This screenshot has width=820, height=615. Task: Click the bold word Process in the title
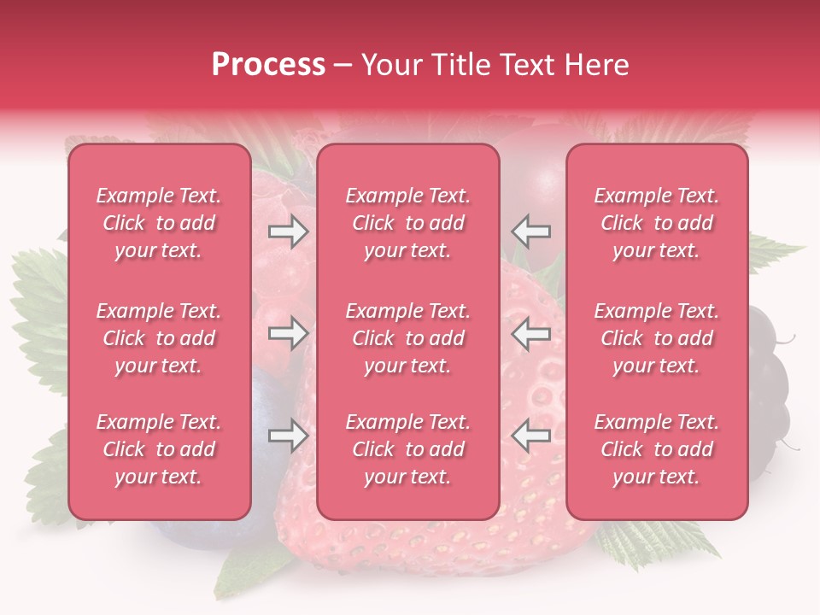click(268, 65)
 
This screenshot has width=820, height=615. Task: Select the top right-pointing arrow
click(288, 231)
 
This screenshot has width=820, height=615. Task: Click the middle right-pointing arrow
click(288, 333)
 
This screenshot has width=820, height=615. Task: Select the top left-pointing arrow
click(530, 231)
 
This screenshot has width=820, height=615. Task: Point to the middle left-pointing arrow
click(530, 333)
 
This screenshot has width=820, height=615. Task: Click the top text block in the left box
click(159, 223)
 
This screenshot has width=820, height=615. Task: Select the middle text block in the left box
click(159, 338)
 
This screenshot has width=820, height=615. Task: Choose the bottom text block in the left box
click(159, 449)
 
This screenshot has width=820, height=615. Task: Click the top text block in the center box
click(407, 223)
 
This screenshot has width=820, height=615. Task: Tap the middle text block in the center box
click(407, 338)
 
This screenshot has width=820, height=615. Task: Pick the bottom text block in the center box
click(407, 449)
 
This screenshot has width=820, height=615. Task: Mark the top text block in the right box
click(657, 223)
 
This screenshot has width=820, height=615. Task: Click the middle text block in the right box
click(657, 338)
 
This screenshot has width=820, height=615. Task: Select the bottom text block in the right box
click(657, 449)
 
